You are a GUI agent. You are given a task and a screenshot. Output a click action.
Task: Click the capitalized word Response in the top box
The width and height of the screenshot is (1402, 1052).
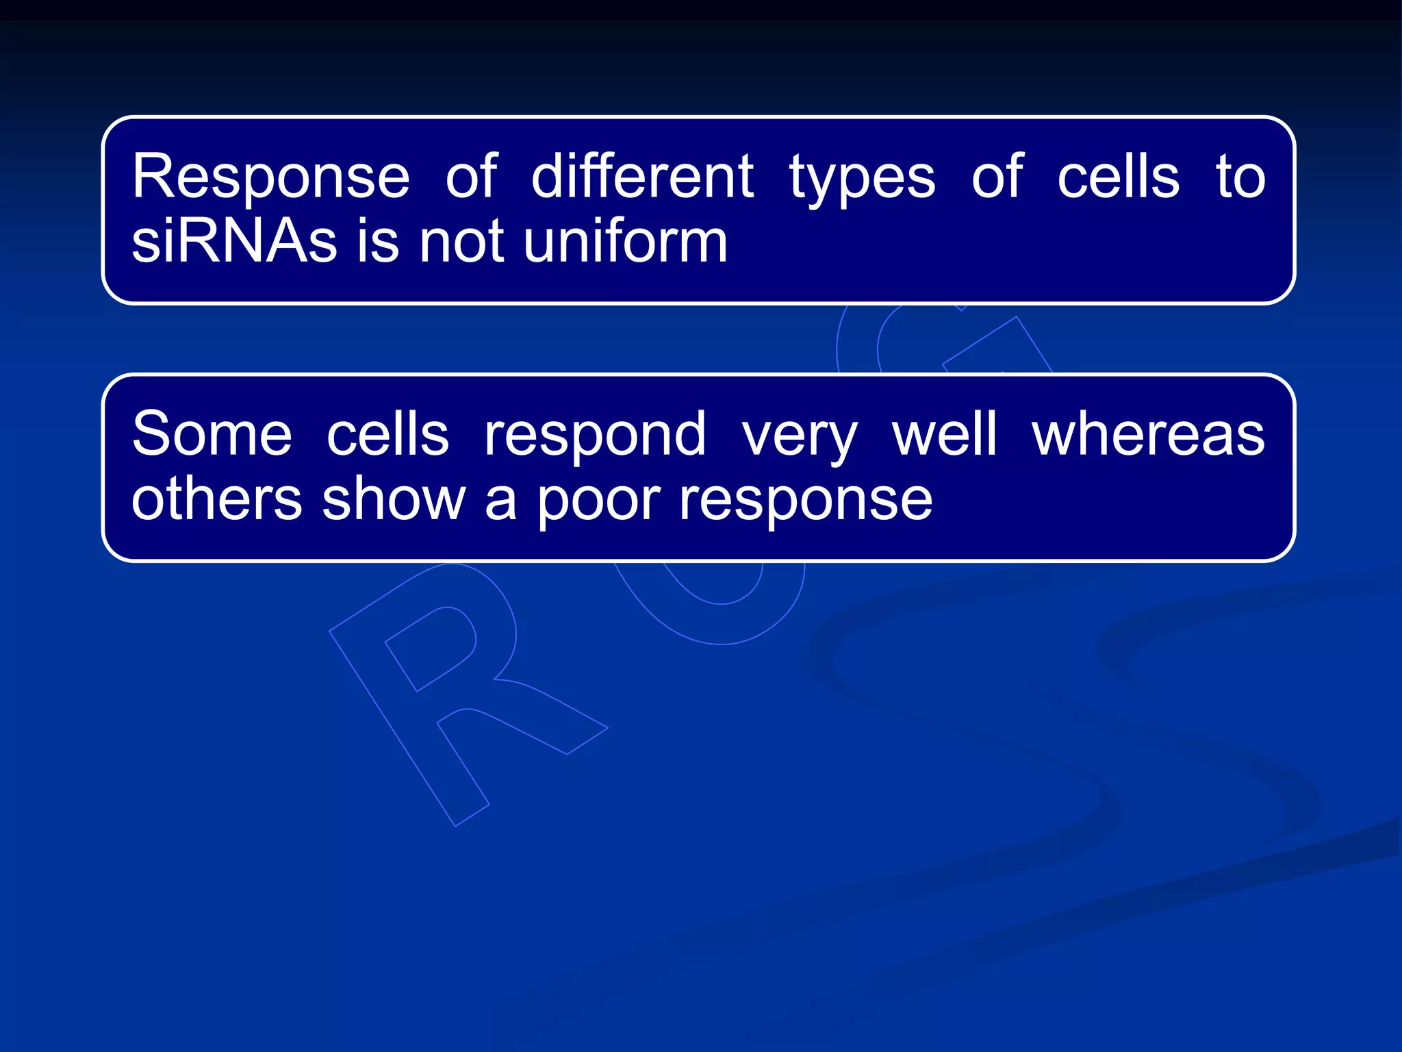[270, 178]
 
